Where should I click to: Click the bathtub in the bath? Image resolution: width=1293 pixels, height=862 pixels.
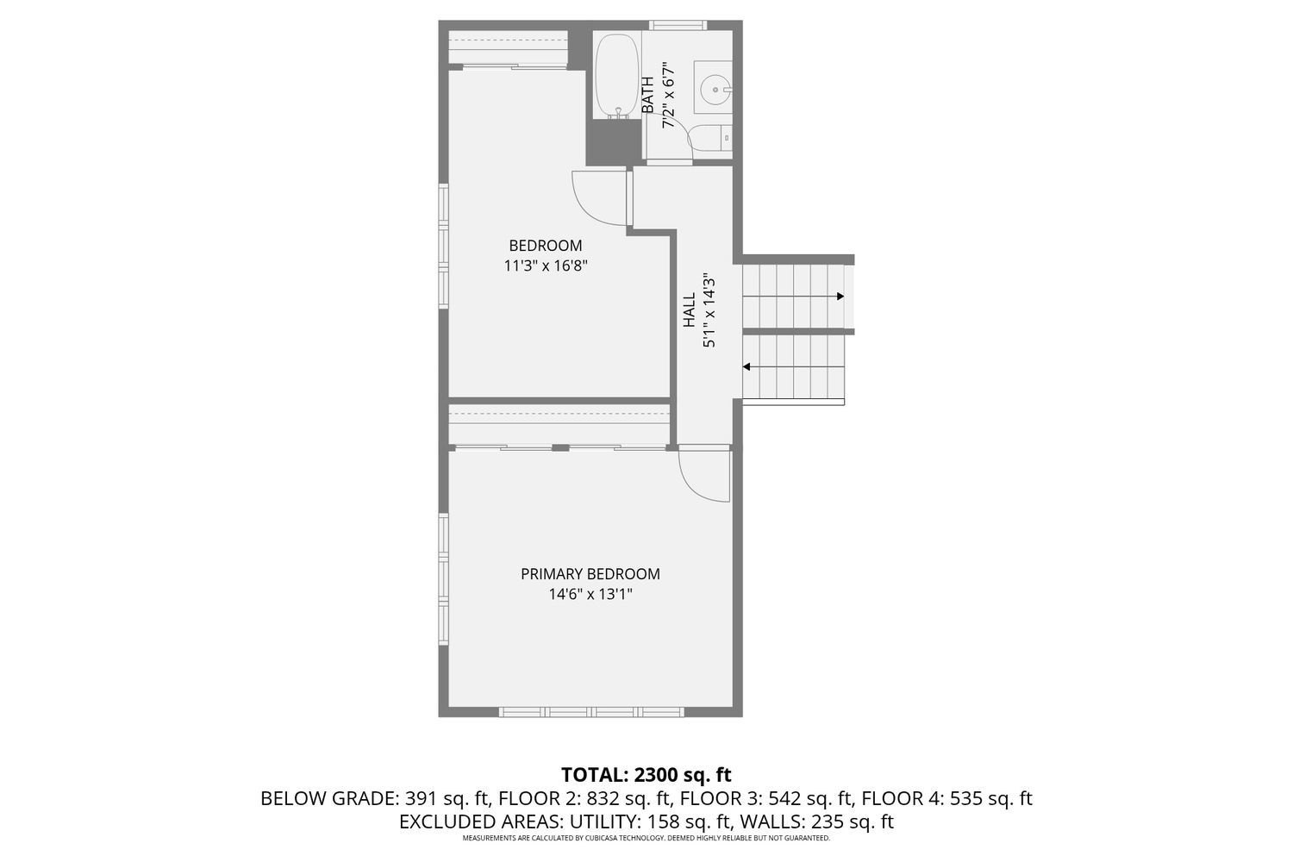coord(616,76)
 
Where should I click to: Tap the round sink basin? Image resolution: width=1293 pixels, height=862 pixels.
coord(714,87)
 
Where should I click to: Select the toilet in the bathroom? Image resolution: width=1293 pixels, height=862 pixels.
coord(713,138)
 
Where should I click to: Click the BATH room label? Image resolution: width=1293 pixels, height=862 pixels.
coord(647,95)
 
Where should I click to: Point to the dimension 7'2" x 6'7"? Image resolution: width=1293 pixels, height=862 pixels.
coord(667,95)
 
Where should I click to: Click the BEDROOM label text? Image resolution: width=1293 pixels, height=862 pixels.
coord(545,246)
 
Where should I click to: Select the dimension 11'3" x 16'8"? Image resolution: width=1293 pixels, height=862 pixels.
coord(545,266)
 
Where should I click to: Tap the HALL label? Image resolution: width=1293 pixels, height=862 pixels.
coord(689,310)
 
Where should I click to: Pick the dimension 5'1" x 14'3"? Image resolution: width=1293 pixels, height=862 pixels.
coord(709,310)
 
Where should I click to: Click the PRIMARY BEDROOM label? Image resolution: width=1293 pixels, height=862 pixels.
coord(590,574)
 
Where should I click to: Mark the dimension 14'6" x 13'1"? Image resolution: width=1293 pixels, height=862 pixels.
coord(590,594)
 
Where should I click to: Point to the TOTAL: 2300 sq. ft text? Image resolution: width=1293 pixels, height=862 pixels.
coord(646,774)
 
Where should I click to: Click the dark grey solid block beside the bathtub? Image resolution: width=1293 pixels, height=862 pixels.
coord(614,142)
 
